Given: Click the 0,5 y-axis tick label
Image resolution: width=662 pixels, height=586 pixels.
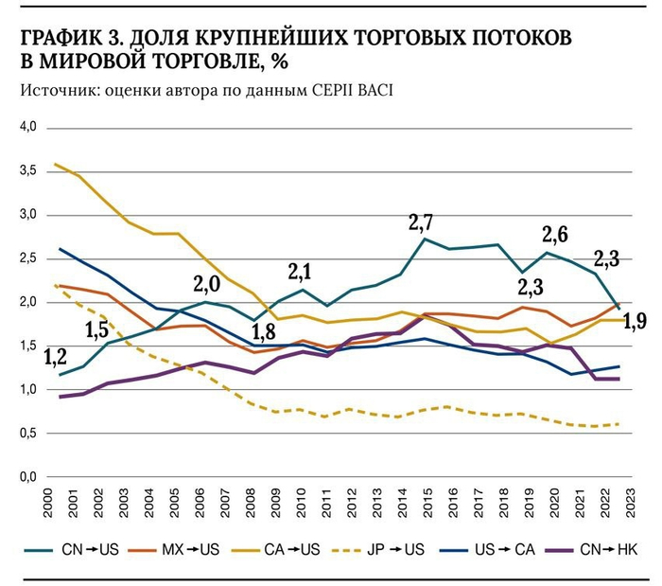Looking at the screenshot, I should (x=26, y=434).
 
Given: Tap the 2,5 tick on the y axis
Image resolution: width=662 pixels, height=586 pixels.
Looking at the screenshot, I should (x=26, y=258).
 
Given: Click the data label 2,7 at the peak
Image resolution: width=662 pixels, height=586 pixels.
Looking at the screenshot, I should (x=421, y=223).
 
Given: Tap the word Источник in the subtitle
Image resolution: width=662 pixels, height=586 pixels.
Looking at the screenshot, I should (x=50, y=91).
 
